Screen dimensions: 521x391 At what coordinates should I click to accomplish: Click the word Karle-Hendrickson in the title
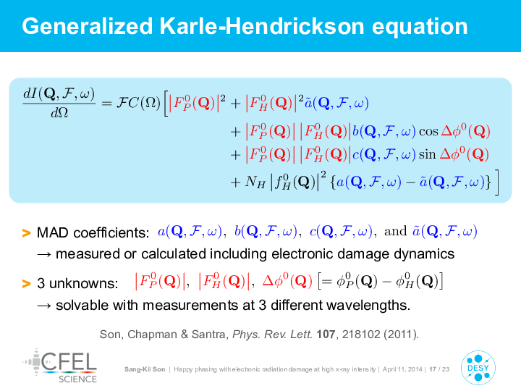(262, 26)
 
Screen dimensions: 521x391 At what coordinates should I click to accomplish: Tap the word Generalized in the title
(87, 27)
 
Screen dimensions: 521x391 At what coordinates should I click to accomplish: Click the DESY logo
(478, 368)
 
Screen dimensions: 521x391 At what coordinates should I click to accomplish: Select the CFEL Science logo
(60, 366)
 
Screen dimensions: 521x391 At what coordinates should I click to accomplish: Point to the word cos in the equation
(428, 131)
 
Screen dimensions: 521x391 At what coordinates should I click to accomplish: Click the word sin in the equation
(428, 154)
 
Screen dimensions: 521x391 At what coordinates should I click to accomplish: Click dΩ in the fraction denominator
(59, 113)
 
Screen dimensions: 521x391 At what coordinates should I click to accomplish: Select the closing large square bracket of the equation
(496, 182)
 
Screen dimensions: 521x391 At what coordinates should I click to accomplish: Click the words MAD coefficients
(93, 232)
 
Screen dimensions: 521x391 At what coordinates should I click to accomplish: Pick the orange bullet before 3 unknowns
(26, 284)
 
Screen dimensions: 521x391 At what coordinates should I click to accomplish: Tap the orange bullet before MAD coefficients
(26, 232)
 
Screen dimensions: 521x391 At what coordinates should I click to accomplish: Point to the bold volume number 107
(326, 334)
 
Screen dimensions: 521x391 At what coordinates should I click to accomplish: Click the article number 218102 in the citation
(361, 334)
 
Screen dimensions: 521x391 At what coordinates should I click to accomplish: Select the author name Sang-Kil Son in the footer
(145, 369)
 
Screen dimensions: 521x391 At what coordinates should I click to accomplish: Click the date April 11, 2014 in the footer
(402, 369)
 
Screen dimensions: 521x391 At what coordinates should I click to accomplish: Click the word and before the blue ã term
(395, 231)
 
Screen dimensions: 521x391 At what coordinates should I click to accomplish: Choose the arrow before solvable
(44, 306)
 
